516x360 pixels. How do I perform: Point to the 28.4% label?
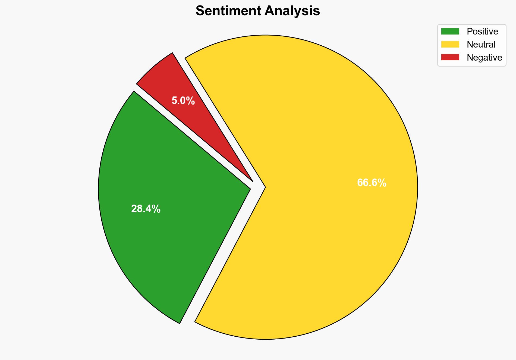[146, 209]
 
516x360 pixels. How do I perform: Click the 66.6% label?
[372, 183]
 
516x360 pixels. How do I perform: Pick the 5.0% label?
[183, 101]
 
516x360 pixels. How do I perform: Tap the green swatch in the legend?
[450, 32]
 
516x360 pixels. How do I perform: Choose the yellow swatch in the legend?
[450, 44]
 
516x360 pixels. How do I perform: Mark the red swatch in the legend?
[450, 57]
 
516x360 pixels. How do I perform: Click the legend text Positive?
[482, 32]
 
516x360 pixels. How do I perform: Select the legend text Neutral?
[481, 44]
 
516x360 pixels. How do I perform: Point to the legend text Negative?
[484, 57]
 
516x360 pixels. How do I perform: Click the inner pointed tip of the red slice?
[252, 181]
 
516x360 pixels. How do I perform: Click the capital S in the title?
[200, 11]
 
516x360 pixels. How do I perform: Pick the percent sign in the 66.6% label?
[382, 183]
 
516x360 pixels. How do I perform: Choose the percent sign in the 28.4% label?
[157, 209]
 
